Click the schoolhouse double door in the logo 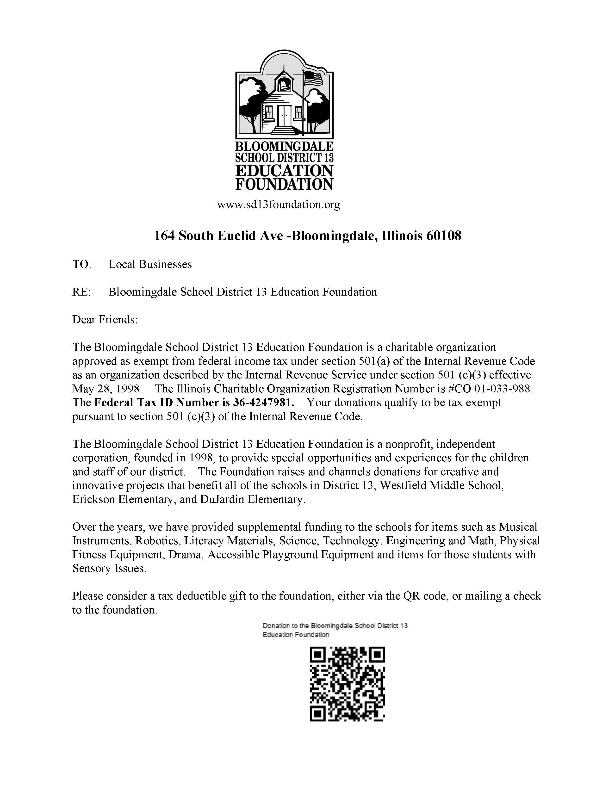click(284, 115)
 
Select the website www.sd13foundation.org click(279, 205)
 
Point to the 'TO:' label click(82, 264)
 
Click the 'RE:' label click(81, 292)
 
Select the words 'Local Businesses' click(150, 264)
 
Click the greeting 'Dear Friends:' click(105, 320)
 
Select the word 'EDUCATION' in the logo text click(284, 171)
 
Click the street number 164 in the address click(164, 236)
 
